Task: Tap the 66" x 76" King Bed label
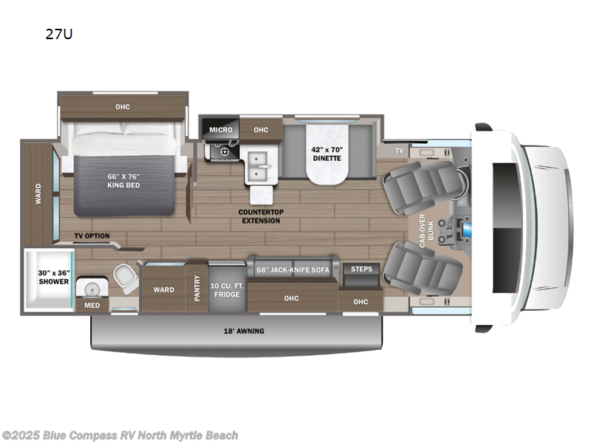coord(123,180)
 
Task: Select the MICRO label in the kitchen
coord(220,130)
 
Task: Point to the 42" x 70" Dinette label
coord(325,153)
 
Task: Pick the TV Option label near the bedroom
coord(91,236)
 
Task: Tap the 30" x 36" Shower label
coord(53,277)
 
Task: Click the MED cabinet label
coord(92,304)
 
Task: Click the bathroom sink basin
coord(92,287)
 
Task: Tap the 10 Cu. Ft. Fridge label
coord(227,289)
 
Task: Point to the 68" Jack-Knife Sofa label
coord(293,269)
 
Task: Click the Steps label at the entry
coord(361,269)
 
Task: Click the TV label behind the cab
coord(399,150)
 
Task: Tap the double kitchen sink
coord(259,168)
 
